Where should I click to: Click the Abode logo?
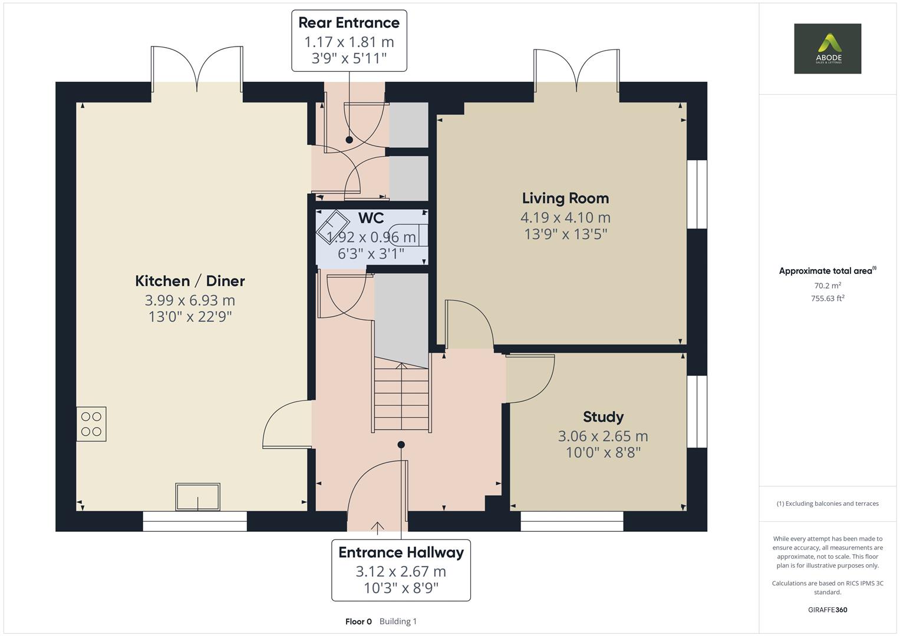point(827,49)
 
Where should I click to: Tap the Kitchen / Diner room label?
point(190,281)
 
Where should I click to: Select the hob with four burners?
point(91,424)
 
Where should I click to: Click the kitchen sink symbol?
point(197,497)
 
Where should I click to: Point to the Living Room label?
point(565,198)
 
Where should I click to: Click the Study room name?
point(603,417)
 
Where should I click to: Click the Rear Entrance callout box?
point(349,41)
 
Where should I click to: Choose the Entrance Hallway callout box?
point(401,570)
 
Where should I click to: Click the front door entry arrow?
point(377,527)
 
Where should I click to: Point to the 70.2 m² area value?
point(827,286)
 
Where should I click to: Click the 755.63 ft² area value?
point(827,299)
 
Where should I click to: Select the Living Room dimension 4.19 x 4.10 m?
point(565,217)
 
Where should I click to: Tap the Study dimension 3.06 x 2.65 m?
point(603,436)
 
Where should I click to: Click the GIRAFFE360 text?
point(827,609)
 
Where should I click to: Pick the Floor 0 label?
point(358,621)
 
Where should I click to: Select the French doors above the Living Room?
point(576,71)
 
